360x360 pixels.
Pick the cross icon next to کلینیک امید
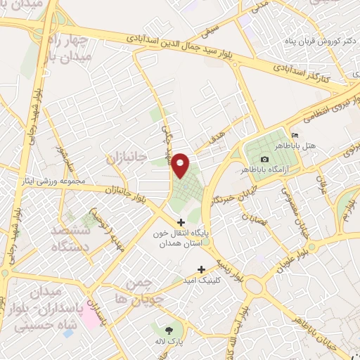(202, 269)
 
